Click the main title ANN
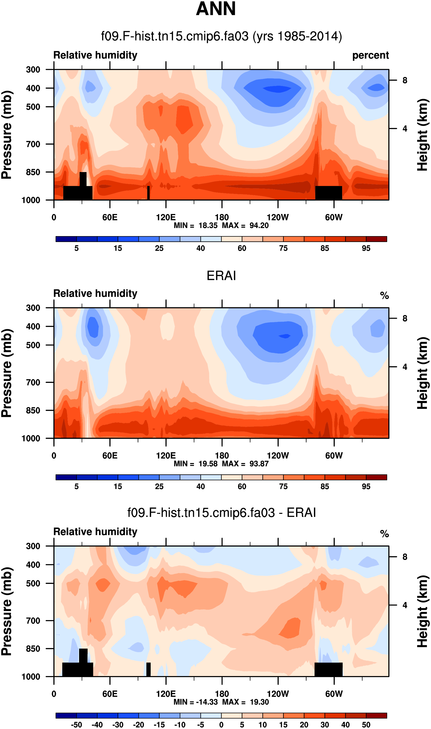[215, 9]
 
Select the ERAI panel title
[221, 276]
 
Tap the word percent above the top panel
[370, 55]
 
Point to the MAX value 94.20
[259, 226]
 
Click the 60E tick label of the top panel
[110, 217]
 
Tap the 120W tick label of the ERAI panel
[278, 455]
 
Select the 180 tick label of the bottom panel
[222, 694]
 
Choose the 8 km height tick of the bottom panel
[405, 557]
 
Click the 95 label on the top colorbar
[366, 248]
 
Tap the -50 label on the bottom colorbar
[76, 725]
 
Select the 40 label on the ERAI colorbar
[200, 487]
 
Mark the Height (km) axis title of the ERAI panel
[423, 373]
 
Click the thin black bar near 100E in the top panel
[148, 193]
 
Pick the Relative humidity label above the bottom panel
[95, 532]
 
